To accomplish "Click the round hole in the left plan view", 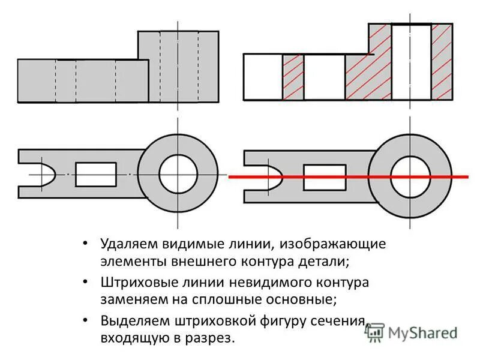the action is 178,174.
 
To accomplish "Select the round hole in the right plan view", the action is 410,176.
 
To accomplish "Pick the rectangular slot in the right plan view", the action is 325,176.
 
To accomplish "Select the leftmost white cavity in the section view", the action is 263,77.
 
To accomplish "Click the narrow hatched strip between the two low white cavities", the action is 293,77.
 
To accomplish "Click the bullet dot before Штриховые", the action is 86,281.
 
